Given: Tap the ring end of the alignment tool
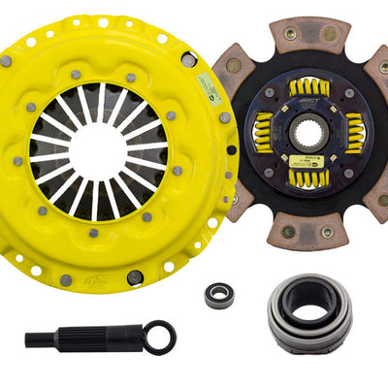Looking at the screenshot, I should pos(159,338).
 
